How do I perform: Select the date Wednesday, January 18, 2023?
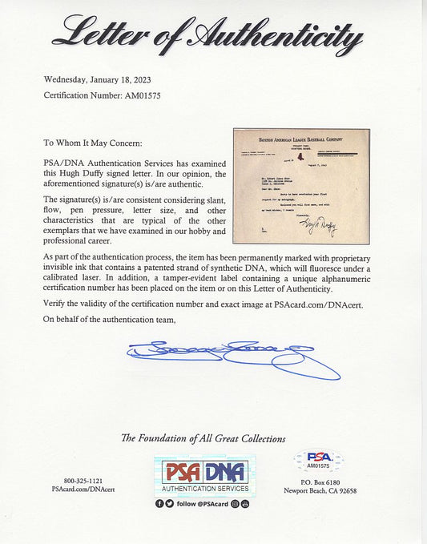tap(95, 79)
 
